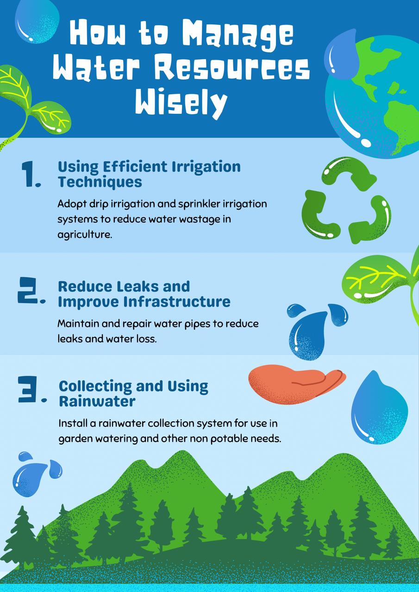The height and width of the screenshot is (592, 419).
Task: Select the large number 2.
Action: [x=31, y=290]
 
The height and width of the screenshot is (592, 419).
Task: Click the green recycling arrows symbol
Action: [x=346, y=200]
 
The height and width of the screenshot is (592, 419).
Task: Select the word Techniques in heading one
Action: [x=100, y=182]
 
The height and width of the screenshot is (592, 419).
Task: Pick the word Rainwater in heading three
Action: [x=97, y=401]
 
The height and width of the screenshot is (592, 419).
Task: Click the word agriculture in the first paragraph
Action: [x=85, y=234]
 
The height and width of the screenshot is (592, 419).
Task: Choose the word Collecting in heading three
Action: [x=95, y=387]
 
